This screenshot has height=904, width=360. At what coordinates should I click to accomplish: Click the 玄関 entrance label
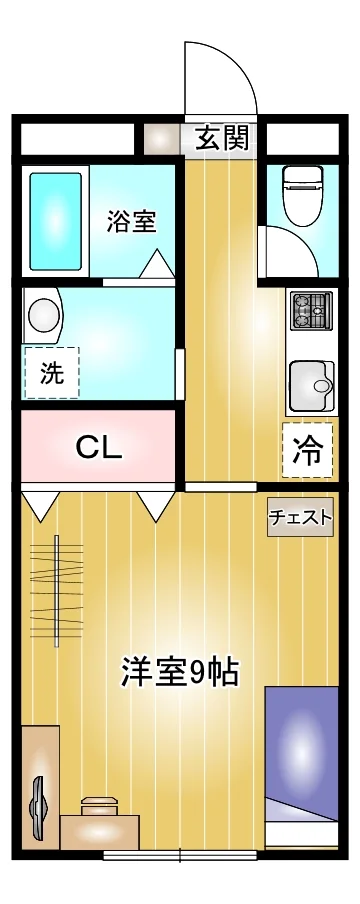(222, 138)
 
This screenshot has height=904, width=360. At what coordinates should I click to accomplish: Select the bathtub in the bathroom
(55, 221)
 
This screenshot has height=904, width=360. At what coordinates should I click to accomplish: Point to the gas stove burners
(312, 311)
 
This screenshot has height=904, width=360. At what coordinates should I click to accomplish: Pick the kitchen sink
(312, 386)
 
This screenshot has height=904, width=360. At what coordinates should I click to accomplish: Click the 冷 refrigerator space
(308, 452)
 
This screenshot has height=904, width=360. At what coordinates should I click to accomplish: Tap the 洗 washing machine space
(51, 373)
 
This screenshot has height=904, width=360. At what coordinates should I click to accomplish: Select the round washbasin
(44, 315)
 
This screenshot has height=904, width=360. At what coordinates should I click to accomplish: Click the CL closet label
(100, 447)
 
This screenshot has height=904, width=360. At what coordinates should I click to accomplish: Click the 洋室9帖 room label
(179, 671)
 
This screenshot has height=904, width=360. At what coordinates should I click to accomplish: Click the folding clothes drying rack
(57, 590)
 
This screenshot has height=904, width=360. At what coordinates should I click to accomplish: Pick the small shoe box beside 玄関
(162, 139)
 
